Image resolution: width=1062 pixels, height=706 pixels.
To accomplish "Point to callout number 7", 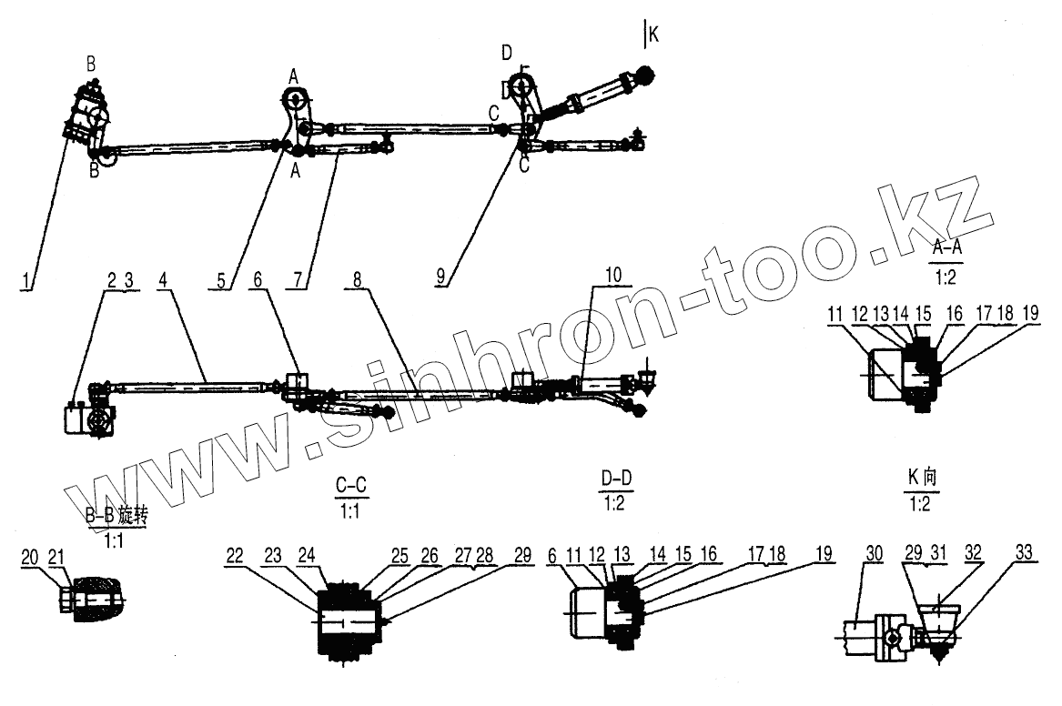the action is pos(298,280).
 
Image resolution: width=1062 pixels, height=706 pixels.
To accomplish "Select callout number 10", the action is pos(612,273).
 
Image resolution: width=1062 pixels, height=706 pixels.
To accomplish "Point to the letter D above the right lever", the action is pos(506,54).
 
